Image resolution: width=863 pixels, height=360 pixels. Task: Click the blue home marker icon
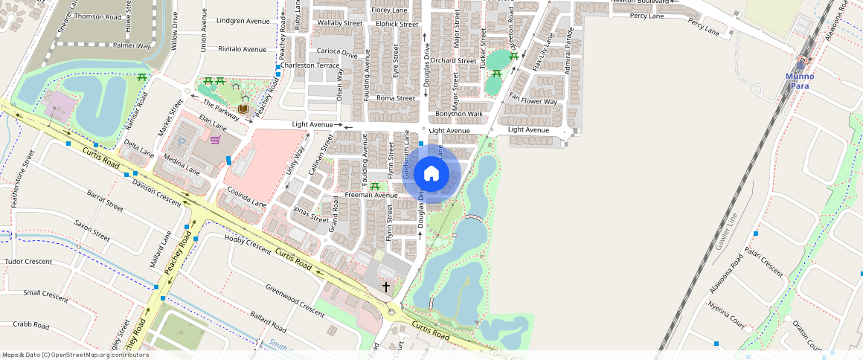pos(431,174)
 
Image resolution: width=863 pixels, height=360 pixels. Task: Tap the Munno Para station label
pos(800,81)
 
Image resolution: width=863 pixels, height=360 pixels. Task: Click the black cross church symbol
pos(386,286)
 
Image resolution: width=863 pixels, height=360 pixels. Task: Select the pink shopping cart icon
pos(215,140)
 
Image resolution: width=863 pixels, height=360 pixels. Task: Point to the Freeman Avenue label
pos(371,196)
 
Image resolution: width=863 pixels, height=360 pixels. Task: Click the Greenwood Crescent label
pos(295,300)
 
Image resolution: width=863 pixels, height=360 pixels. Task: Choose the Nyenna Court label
pos(727,315)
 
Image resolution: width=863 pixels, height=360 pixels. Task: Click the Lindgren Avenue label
pos(243,21)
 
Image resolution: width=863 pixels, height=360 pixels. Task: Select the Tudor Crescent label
pos(28,262)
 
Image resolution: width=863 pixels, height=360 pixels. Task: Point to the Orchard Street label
pos(452,60)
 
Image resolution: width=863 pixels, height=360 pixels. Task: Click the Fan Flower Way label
pos(532,102)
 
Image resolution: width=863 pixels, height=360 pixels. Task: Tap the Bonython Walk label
pos(459,114)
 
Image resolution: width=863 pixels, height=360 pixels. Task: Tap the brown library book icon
pos(243,109)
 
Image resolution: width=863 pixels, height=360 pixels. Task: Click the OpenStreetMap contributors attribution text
pos(75,355)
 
